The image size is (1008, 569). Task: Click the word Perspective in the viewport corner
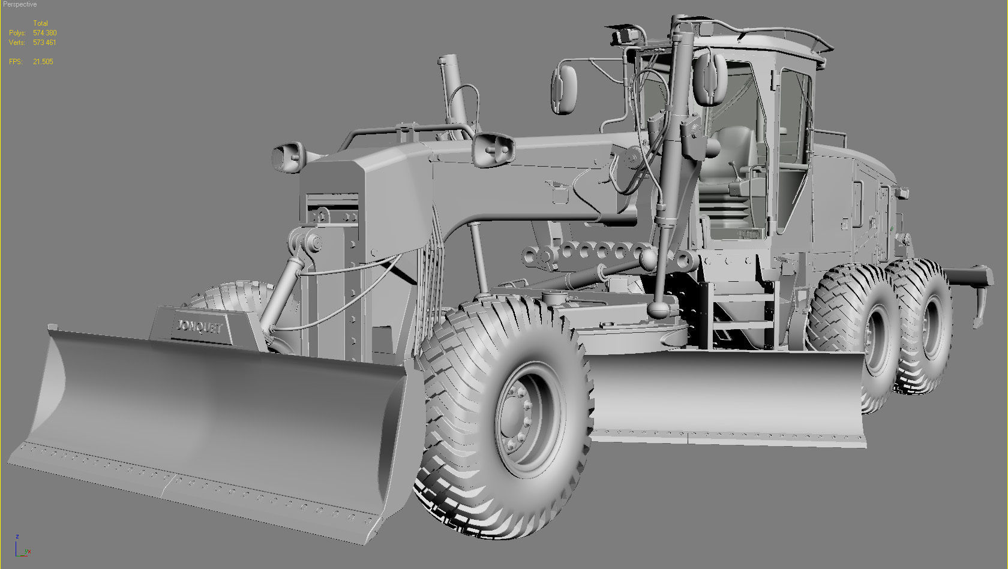pyautogui.click(x=20, y=4)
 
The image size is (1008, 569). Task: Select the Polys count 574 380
pyautogui.click(x=45, y=33)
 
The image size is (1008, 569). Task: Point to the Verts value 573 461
pyautogui.click(x=44, y=43)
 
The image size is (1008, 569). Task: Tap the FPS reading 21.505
pyautogui.click(x=43, y=62)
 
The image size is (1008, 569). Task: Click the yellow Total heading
pyautogui.click(x=40, y=23)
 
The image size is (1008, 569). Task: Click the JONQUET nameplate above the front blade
pyautogui.click(x=199, y=327)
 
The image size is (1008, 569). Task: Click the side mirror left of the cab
pyautogui.click(x=564, y=89)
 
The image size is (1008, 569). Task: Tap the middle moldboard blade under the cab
pyautogui.click(x=726, y=396)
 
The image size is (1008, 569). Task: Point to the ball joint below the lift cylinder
pyautogui.click(x=659, y=309)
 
